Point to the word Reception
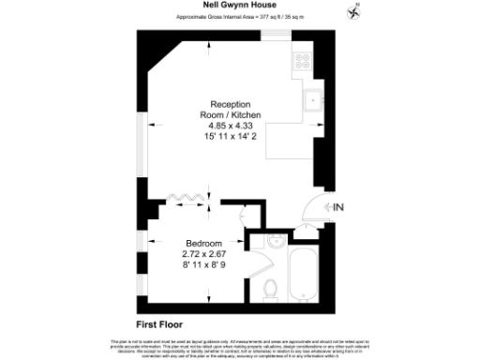(x=231, y=105)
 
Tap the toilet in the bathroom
(x=269, y=286)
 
